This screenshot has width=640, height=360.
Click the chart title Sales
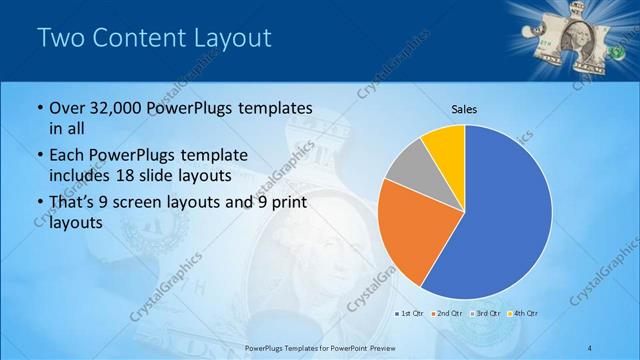pyautogui.click(x=464, y=108)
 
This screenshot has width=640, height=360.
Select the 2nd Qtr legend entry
pyautogui.click(x=448, y=313)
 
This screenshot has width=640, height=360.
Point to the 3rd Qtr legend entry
pyautogui.click(x=486, y=313)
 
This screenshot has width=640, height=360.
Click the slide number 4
pyautogui.click(x=592, y=346)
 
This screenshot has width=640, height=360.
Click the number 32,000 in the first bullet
pyautogui.click(x=108, y=108)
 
